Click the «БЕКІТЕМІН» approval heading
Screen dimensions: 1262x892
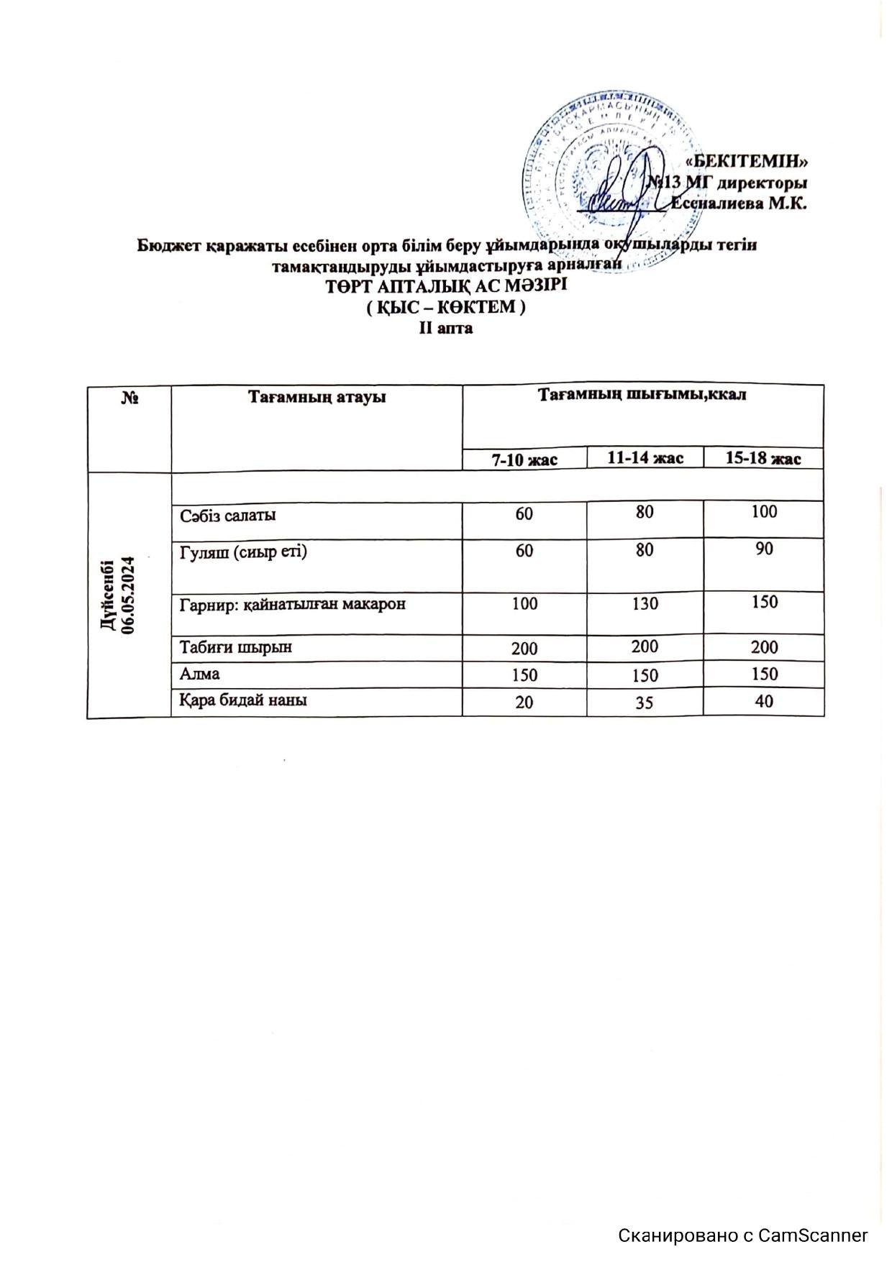point(750,160)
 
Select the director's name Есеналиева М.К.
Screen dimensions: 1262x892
point(739,203)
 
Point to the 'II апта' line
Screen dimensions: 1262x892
point(446,329)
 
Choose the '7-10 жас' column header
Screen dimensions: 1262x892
point(524,459)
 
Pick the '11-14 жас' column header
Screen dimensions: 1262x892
point(645,457)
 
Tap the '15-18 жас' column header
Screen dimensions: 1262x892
point(763,458)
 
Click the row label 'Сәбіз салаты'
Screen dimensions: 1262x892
point(228,516)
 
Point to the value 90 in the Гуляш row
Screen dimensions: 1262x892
point(764,549)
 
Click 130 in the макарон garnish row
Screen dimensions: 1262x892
point(645,603)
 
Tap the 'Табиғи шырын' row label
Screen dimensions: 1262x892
point(236,646)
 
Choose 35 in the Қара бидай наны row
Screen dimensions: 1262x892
point(645,702)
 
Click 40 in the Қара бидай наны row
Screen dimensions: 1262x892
point(764,700)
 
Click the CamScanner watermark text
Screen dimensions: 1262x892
point(743,1235)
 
